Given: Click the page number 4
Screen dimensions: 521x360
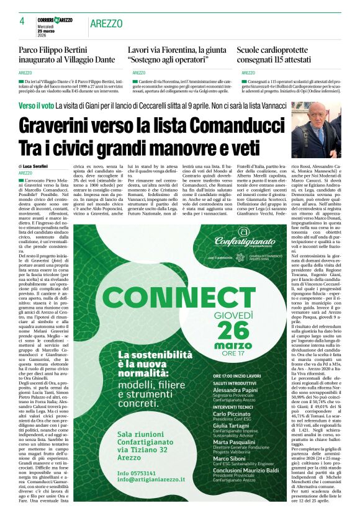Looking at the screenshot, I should [x=22, y=21].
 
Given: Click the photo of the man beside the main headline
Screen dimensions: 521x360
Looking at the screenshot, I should [x=316, y=131].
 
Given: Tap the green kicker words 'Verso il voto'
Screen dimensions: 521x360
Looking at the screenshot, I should [x=35, y=107].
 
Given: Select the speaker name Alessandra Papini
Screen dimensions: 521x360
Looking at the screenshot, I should [x=235, y=390].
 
